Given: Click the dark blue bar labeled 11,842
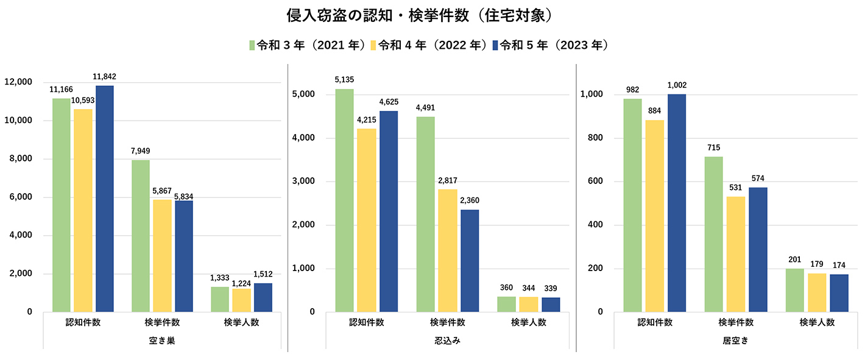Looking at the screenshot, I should pos(105,199).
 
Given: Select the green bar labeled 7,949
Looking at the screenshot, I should pos(140,236).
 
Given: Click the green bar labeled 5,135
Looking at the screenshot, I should pos(344,200).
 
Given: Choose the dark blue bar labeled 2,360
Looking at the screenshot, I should pos(470,261).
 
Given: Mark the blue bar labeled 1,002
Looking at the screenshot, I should pos(677,203).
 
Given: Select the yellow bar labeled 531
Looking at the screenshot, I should pos(736,254).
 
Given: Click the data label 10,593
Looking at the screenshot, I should pos(83,100).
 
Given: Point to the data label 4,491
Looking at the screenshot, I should pos(425,108).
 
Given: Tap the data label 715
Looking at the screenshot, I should pos(713,148).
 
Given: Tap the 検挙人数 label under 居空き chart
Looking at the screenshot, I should pos(817,322).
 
